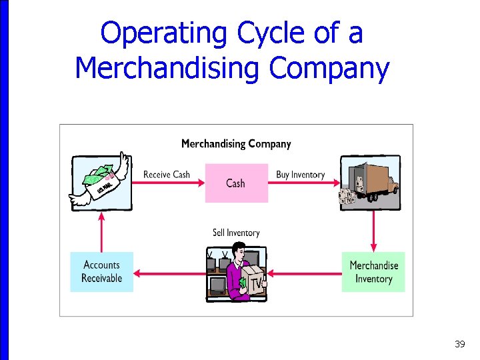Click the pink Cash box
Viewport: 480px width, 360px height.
(x=236, y=183)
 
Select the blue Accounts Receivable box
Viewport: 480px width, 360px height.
(x=101, y=271)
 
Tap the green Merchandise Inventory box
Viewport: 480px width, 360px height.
(x=373, y=271)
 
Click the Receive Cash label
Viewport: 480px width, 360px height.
(x=167, y=175)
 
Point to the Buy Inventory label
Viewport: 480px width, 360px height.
(x=300, y=175)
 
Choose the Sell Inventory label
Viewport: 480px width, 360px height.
(x=236, y=233)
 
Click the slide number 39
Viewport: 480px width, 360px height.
(x=459, y=344)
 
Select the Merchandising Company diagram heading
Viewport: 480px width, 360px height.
(x=236, y=143)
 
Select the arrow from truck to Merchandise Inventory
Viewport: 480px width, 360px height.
(x=373, y=230)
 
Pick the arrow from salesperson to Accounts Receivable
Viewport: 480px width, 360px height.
(x=169, y=272)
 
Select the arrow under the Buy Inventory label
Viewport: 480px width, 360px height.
(x=303, y=183)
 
